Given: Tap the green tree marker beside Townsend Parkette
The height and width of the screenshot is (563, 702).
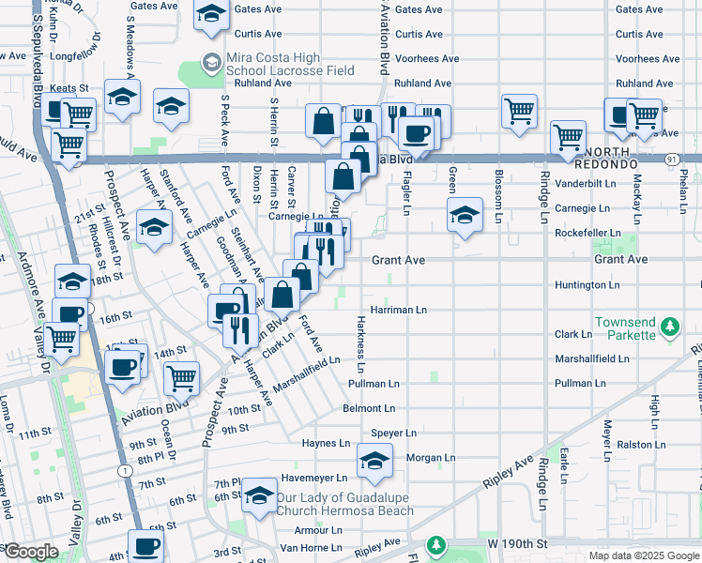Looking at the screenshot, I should click(668, 327).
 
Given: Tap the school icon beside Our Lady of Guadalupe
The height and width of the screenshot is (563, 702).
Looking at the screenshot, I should click(257, 499).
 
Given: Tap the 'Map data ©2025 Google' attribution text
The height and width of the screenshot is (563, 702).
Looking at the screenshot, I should click(643, 555).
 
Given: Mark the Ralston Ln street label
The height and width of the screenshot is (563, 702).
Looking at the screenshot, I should click(646, 445).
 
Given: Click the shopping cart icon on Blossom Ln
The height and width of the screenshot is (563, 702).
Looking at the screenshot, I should click(519, 111).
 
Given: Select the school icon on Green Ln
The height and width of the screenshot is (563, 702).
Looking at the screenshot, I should click(465, 215).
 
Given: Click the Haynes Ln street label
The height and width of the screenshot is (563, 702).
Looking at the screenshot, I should click(326, 443).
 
